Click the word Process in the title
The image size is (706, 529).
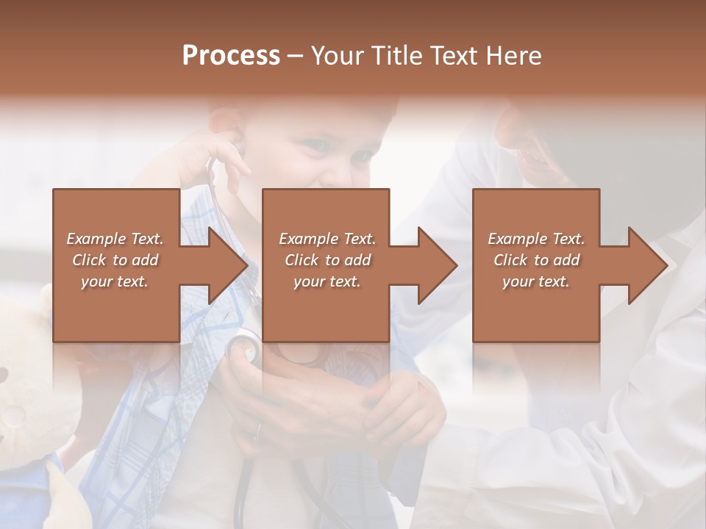pyautogui.click(x=231, y=56)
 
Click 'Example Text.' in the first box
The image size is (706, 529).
pyautogui.click(x=115, y=239)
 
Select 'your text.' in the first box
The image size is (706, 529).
pyautogui.click(x=115, y=281)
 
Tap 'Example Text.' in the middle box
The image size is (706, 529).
pyautogui.click(x=327, y=239)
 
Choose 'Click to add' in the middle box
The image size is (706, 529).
pyautogui.click(x=327, y=260)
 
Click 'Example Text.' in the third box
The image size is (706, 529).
pyautogui.click(x=536, y=239)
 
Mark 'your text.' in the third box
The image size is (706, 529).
pyautogui.click(x=536, y=281)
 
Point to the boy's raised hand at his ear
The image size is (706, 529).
pyautogui.click(x=210, y=158)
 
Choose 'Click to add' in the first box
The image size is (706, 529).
pyautogui.click(x=115, y=260)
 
